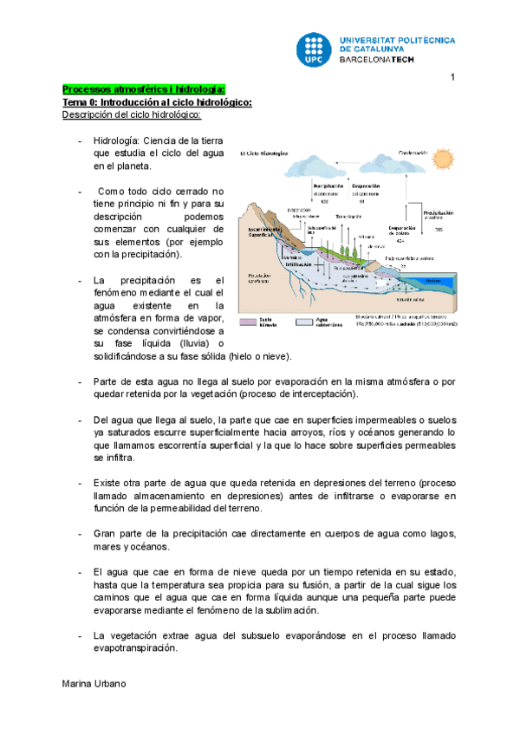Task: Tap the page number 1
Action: [x=452, y=80]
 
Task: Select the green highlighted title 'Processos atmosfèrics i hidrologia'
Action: [x=144, y=90]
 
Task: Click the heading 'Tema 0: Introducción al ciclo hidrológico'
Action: [x=156, y=102]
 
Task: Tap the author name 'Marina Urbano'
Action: [x=94, y=684]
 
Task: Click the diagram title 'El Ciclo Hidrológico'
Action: [x=264, y=153]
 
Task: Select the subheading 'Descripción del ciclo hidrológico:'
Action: [x=131, y=114]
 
